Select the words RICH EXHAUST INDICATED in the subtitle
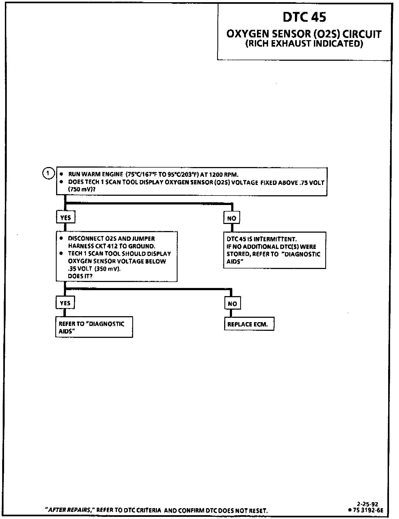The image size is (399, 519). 304,44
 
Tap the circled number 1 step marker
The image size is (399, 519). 48,173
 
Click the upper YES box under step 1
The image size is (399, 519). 66,217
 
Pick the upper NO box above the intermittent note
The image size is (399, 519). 231,218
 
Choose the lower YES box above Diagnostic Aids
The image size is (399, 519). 65,303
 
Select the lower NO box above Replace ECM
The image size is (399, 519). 232,304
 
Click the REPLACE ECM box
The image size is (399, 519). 249,324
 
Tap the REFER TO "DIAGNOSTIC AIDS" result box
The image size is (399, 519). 94,327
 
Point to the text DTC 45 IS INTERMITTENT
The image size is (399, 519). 262,239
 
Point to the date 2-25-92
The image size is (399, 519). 367,504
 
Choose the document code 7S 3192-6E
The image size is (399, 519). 368,510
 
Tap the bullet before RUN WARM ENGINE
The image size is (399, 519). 62,174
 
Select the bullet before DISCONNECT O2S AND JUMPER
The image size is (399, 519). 62,238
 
